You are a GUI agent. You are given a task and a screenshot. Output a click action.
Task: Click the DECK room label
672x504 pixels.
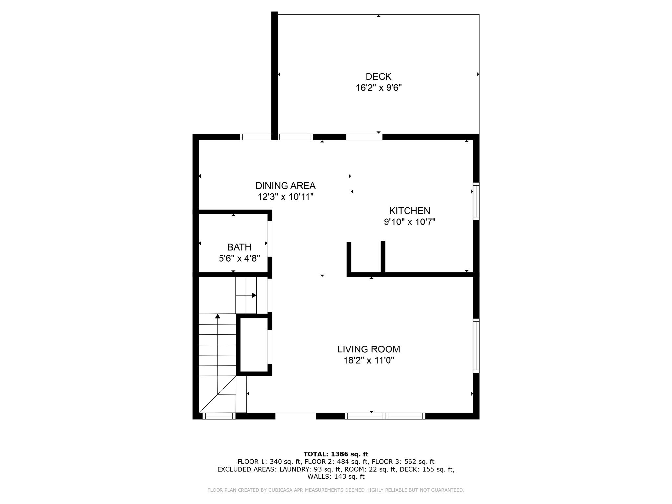coord(378,76)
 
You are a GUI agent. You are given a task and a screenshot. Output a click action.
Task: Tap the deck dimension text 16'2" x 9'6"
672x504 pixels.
coord(379,88)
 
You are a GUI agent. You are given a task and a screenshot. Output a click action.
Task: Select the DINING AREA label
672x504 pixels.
coord(285,186)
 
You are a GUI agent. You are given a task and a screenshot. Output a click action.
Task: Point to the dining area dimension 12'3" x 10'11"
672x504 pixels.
coord(285,197)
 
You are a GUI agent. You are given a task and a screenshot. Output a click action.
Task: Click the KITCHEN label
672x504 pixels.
coord(409,211)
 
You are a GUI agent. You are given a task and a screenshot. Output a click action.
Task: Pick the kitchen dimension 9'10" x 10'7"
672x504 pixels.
coord(409,222)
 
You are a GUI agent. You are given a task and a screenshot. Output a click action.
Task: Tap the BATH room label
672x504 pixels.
coord(239,247)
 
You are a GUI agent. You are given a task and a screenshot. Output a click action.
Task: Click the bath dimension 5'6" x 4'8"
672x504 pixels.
coord(239,259)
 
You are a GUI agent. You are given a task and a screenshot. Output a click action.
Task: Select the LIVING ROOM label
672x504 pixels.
coord(368,349)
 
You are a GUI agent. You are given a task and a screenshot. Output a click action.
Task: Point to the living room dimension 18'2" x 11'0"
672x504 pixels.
coord(368,361)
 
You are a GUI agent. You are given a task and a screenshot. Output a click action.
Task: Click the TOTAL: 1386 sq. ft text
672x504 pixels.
coord(336,454)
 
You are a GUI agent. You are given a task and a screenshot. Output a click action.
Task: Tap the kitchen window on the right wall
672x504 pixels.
coord(476,201)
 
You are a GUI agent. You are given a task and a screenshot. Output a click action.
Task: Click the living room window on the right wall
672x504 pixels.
coord(476,346)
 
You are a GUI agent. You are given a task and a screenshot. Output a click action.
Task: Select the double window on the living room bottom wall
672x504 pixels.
coord(385,416)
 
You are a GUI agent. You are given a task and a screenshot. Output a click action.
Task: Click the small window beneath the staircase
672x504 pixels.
coord(219,416)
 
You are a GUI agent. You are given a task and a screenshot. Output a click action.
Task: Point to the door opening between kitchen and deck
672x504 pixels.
coord(364,137)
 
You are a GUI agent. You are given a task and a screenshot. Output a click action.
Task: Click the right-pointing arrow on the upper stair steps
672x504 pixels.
coord(253,295)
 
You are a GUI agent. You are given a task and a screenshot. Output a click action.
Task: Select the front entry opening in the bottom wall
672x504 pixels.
coord(295,416)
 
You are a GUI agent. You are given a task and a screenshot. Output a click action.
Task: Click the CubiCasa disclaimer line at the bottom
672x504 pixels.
coord(336,490)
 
